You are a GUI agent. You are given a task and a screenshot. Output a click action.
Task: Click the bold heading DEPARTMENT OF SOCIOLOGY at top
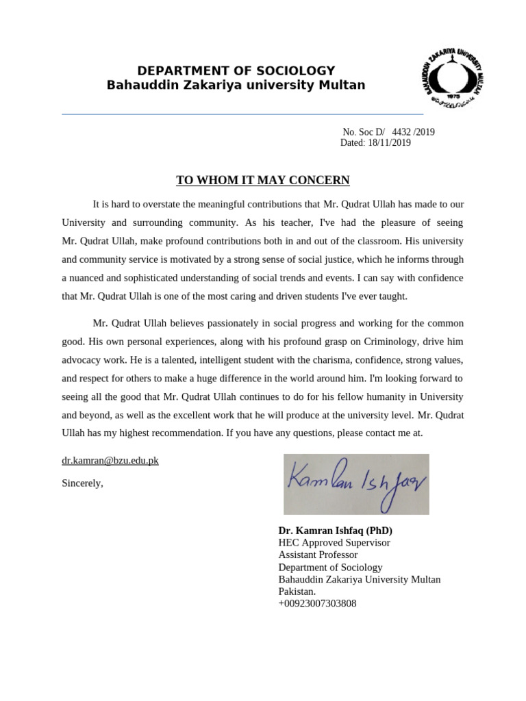(236, 71)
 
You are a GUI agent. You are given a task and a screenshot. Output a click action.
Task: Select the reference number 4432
(402, 132)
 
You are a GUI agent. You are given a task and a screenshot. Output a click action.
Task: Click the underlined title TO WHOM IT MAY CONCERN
(263, 180)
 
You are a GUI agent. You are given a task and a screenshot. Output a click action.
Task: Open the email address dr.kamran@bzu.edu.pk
(110, 460)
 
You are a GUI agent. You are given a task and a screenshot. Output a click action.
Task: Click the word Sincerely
(82, 483)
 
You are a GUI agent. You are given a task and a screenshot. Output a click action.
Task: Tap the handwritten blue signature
(356, 483)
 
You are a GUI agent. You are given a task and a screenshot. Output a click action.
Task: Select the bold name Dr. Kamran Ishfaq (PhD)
(336, 531)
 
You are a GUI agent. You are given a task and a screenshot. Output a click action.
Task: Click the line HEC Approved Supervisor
(334, 543)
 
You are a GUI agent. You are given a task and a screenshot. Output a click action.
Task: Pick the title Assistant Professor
(318, 555)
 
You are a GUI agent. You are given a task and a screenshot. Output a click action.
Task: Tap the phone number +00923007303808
(317, 604)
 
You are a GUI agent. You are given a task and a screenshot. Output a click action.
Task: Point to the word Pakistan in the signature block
(297, 591)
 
